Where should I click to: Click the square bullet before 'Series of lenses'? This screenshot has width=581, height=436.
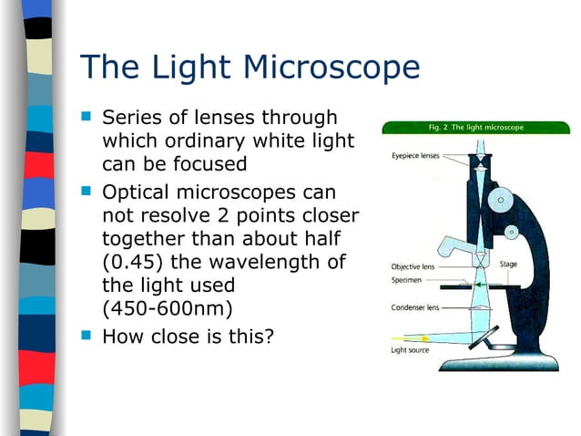pyautogui.click(x=87, y=118)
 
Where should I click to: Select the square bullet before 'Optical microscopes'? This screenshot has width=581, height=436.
pyautogui.click(x=87, y=193)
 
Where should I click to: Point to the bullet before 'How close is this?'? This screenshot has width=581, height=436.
pyautogui.click(x=87, y=336)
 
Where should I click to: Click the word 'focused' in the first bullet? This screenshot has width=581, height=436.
pyautogui.click(x=210, y=165)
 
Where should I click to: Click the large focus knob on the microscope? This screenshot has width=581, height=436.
pyautogui.click(x=499, y=197)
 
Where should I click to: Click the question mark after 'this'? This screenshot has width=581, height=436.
pyautogui.click(x=269, y=336)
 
